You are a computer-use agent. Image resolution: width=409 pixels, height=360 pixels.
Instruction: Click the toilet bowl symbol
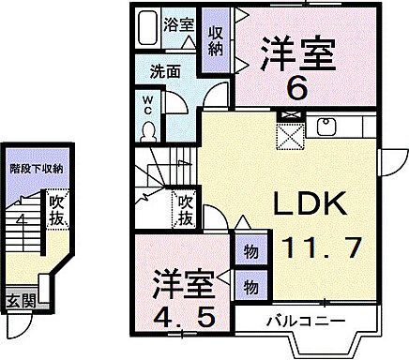149,129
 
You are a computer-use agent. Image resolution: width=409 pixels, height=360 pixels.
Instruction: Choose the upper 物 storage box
250,253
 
